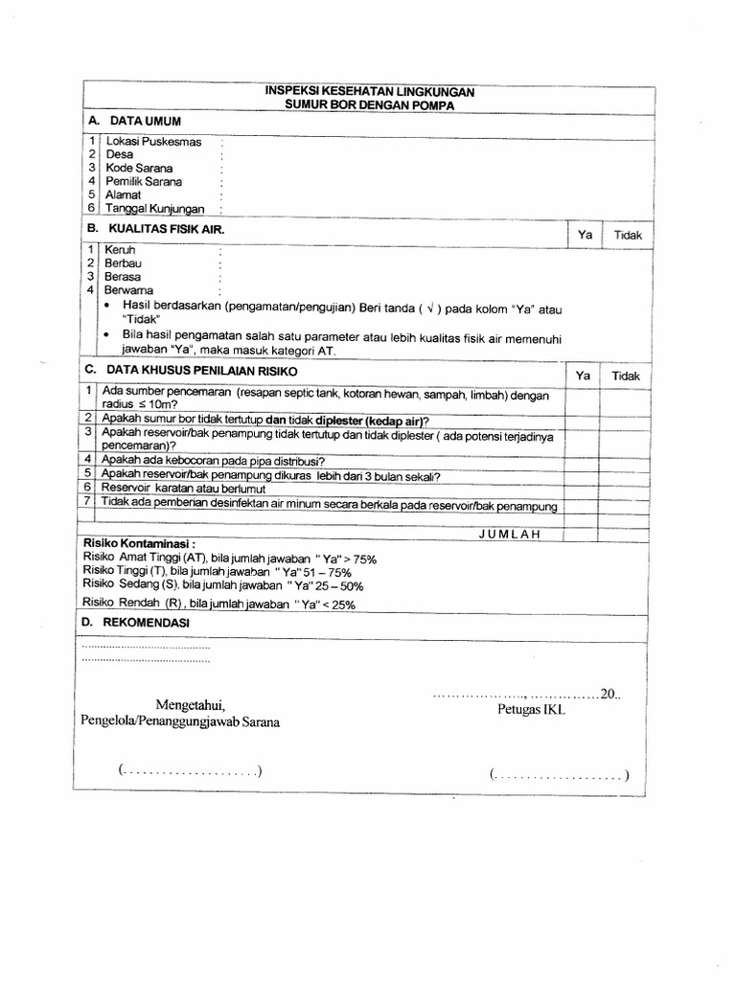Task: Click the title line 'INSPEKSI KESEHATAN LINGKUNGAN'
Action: pyautogui.click(x=369, y=91)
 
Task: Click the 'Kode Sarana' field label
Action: pyautogui.click(x=139, y=168)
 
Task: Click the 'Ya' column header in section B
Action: pyautogui.click(x=585, y=235)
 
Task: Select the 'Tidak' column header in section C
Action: pyautogui.click(x=628, y=376)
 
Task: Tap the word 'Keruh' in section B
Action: pyautogui.click(x=120, y=250)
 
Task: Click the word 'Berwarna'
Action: pyautogui.click(x=128, y=290)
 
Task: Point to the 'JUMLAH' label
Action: pyautogui.click(x=509, y=535)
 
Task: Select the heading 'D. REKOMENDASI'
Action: pyautogui.click(x=137, y=623)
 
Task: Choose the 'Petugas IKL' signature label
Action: pyautogui.click(x=530, y=710)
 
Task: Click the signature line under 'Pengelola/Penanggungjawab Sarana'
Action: pyautogui.click(x=191, y=772)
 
